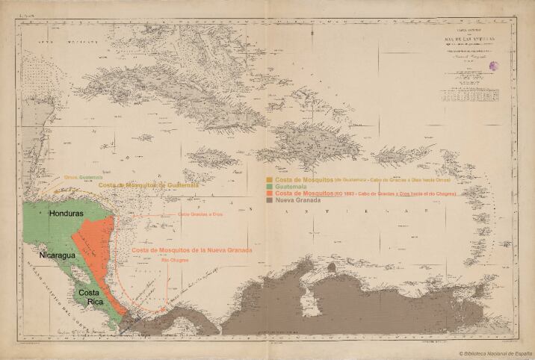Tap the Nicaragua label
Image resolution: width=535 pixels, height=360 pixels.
tap(52, 255)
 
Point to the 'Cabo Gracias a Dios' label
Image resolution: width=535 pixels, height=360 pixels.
tap(200, 214)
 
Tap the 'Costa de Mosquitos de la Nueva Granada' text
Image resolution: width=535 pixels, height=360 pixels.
tap(191, 250)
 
